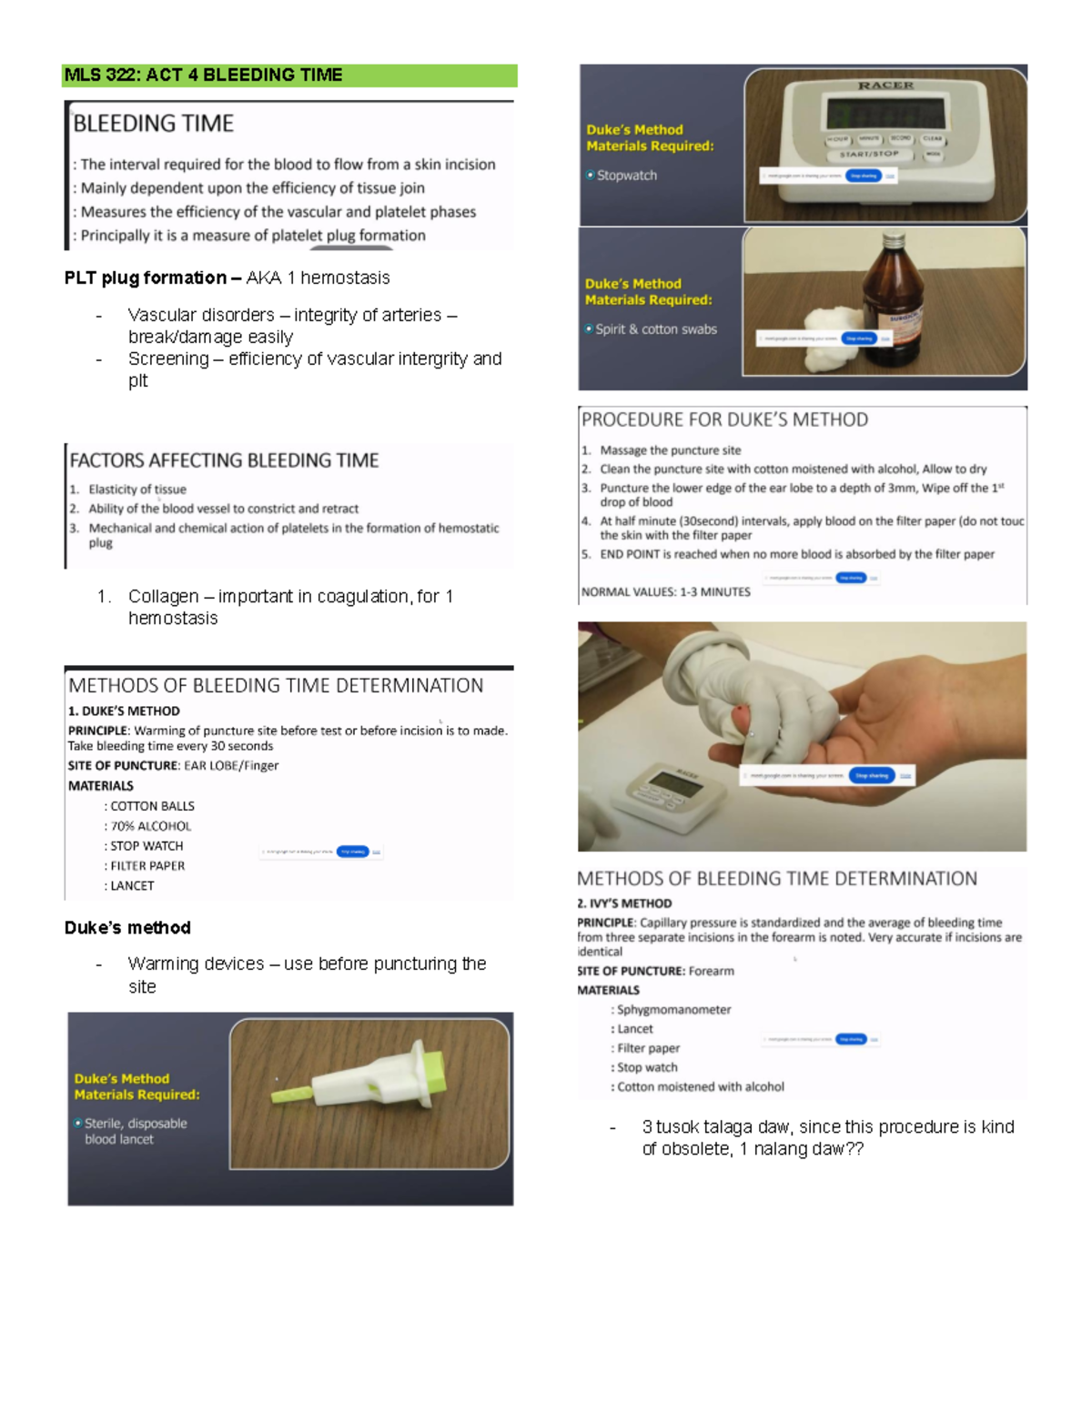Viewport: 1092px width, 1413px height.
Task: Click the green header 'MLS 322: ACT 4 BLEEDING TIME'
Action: point(203,76)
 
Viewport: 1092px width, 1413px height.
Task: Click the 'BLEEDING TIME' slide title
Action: point(153,124)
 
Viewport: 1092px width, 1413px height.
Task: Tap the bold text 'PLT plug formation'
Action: point(146,278)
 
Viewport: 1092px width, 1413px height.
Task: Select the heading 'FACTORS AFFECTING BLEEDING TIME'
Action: point(224,460)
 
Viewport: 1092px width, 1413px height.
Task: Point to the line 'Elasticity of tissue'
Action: point(136,490)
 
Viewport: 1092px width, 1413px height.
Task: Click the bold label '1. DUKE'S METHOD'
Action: point(124,711)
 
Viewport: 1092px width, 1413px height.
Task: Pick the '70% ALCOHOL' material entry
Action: point(150,826)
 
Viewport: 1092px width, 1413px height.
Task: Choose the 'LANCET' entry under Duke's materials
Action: point(132,885)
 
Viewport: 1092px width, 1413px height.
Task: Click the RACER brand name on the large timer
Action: point(885,86)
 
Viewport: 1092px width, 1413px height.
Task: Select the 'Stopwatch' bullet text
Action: point(626,176)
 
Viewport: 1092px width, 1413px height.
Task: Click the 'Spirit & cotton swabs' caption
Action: point(655,329)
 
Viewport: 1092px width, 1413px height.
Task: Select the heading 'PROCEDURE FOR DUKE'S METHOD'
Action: point(724,419)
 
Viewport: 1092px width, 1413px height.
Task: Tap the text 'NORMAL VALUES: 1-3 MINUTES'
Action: point(666,591)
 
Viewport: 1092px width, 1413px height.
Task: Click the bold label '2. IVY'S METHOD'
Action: point(624,903)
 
